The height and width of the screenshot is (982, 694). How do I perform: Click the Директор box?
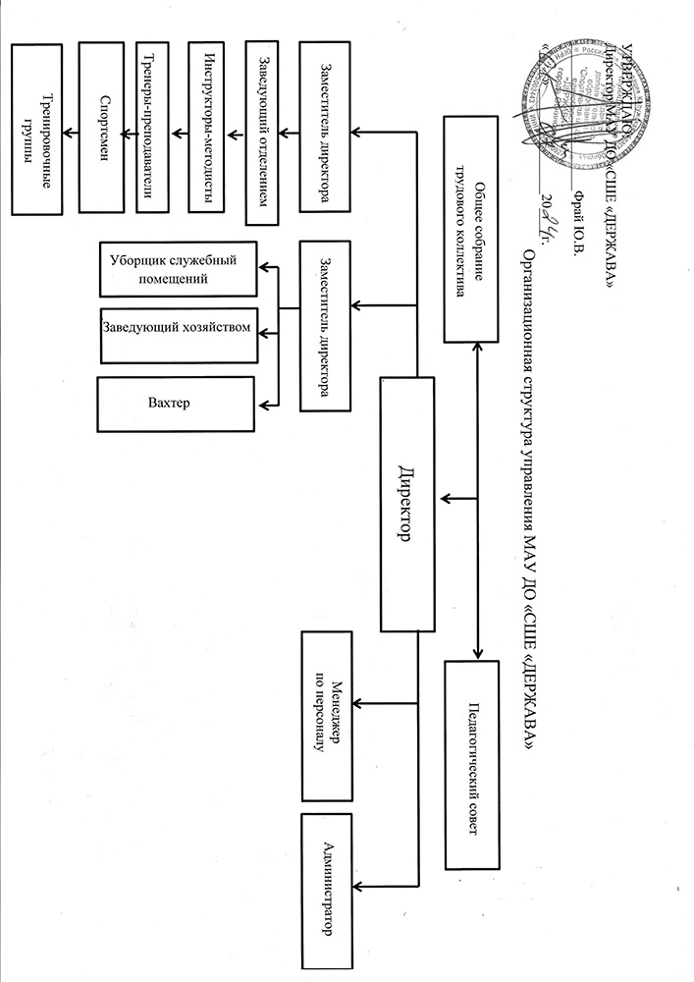tap(405, 506)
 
